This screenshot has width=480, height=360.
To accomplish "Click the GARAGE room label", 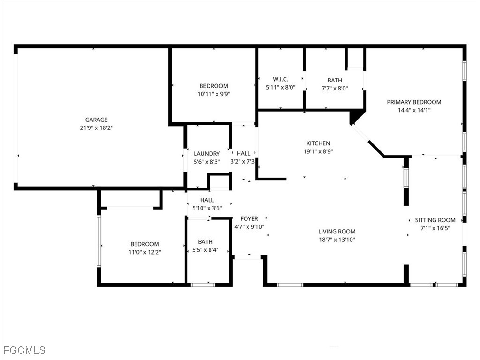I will click(x=96, y=120).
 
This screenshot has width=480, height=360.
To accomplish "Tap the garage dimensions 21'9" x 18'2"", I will click(x=96, y=127).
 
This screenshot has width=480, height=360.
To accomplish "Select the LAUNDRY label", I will click(x=207, y=153).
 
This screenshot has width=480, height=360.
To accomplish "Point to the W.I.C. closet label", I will click(x=280, y=80).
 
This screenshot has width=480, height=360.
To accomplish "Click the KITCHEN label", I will click(x=318, y=143).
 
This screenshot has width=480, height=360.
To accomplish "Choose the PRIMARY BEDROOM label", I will click(x=414, y=102).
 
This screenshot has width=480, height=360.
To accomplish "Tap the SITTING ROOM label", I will click(x=435, y=220).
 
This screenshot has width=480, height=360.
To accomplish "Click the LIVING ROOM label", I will click(x=337, y=231).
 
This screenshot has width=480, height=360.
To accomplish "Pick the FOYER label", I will click(x=249, y=218).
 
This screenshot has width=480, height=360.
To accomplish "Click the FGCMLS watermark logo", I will click(x=24, y=350).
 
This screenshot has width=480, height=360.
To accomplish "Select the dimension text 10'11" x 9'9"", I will click(x=214, y=93).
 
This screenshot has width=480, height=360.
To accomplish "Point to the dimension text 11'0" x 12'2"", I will click(x=144, y=252).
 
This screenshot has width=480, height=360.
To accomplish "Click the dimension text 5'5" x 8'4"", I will click(x=205, y=250).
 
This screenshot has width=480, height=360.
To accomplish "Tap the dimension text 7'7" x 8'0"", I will click(x=335, y=88).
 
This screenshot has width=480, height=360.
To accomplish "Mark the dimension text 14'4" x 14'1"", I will click(x=414, y=110).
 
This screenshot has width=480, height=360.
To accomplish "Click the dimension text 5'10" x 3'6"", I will click(x=207, y=208).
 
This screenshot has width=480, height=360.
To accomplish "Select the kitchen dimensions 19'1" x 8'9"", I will click(x=318, y=151).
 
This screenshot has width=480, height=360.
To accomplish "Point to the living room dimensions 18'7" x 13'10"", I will click(x=337, y=239).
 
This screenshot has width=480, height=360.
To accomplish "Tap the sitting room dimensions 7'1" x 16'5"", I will click(x=435, y=228).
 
